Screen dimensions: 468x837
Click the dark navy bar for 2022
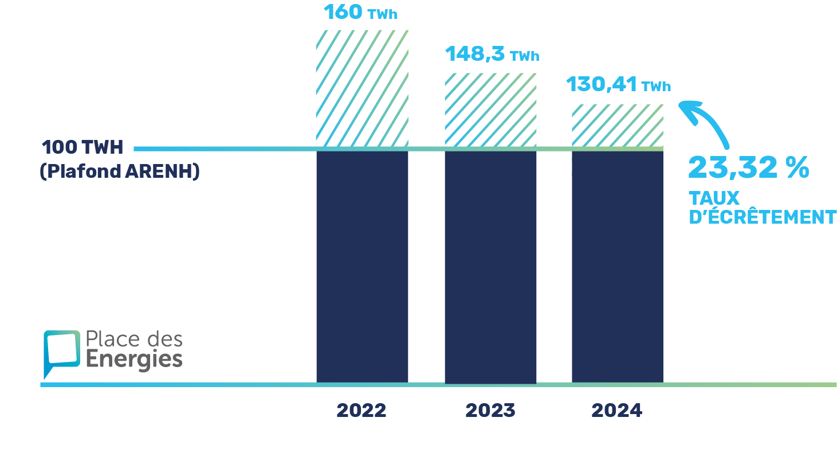[362, 266]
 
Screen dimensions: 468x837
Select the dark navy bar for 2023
[490, 267]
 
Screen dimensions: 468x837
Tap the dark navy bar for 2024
[617, 266]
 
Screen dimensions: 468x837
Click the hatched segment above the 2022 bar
[362, 88]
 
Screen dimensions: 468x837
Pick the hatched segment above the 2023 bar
[490, 110]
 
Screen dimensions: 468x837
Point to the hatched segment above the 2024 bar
[617, 125]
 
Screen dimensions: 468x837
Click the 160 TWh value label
[360, 12]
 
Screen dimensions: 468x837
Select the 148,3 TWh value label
[492, 54]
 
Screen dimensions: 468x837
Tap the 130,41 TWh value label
[618, 85]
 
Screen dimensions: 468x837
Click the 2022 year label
[361, 411]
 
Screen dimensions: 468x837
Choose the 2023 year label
[490, 411]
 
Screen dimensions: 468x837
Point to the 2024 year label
[616, 411]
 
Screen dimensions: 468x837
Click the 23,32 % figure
[748, 167]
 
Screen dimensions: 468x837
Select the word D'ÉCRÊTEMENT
[762, 217]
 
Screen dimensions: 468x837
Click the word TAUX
[714, 198]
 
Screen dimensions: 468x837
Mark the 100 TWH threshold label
[82, 147]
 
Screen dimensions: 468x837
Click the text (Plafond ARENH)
[120, 171]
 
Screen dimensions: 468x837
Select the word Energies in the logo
[134, 360]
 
